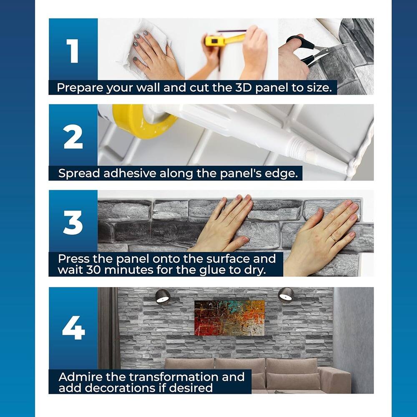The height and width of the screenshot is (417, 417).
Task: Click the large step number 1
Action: point(73,51)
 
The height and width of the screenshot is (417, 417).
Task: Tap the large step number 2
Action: point(73,137)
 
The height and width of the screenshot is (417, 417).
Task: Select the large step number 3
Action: point(73,223)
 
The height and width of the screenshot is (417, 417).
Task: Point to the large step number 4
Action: point(73,328)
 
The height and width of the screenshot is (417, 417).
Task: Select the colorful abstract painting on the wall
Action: point(230,318)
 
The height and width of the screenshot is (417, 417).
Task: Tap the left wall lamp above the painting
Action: point(163,296)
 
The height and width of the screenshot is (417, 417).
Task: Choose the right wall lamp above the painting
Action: point(286,295)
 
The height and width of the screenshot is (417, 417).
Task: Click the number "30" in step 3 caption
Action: point(94,270)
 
